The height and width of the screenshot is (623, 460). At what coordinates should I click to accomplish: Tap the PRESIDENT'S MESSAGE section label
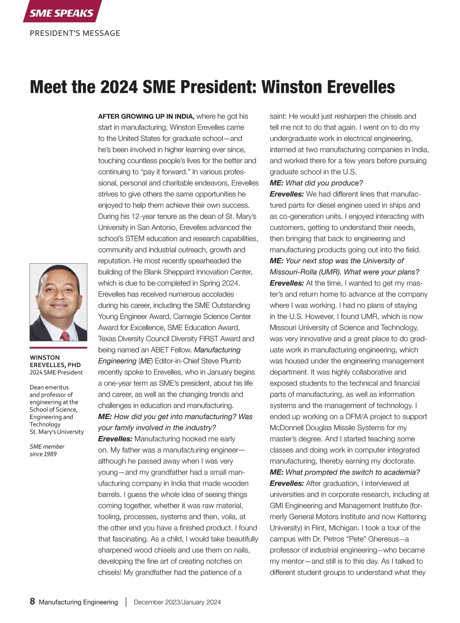(75, 33)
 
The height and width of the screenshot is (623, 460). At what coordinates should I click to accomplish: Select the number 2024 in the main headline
(119, 87)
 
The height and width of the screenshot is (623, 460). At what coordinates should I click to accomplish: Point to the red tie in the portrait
(66, 336)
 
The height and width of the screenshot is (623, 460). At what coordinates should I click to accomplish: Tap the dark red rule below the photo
(58, 348)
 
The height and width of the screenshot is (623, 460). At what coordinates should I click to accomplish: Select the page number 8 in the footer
(32, 601)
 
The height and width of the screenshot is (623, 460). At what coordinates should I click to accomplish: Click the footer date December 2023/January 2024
(177, 602)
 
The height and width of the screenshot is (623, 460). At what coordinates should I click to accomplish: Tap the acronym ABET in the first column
(160, 350)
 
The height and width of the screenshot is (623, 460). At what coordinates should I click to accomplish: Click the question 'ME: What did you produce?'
(316, 183)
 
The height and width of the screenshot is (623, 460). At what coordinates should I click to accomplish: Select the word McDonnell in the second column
(288, 428)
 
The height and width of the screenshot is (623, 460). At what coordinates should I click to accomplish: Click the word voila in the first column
(227, 516)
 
